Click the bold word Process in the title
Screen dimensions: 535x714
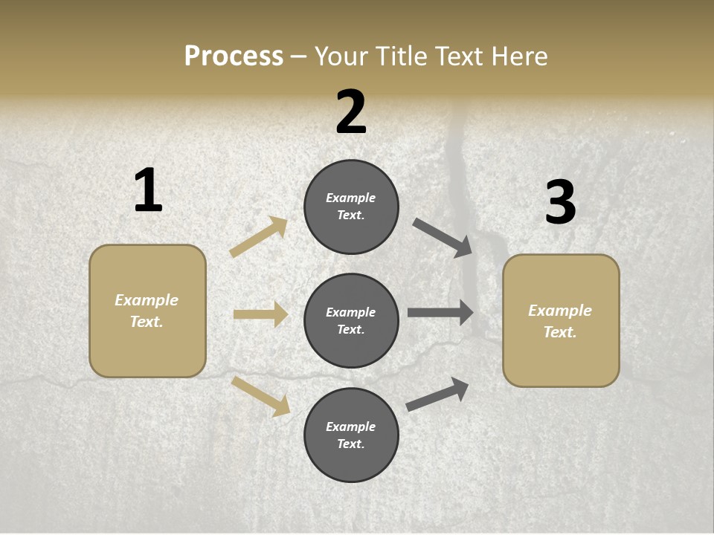coord(234,56)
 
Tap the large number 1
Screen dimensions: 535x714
coord(148,191)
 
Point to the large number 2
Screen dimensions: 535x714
coord(351,112)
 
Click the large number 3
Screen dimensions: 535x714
coord(561,203)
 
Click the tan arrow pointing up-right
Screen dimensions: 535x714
coord(259,237)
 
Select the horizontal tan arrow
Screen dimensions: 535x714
coord(260,315)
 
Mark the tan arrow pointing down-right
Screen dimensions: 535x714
coord(260,395)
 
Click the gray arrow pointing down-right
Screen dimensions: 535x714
coord(443,238)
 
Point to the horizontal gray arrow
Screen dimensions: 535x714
coord(440,313)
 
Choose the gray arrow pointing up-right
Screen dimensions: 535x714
coord(437,394)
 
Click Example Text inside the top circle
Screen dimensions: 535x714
coord(351,207)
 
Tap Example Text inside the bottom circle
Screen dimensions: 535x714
coord(351,435)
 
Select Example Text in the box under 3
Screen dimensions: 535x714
coord(560,321)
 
